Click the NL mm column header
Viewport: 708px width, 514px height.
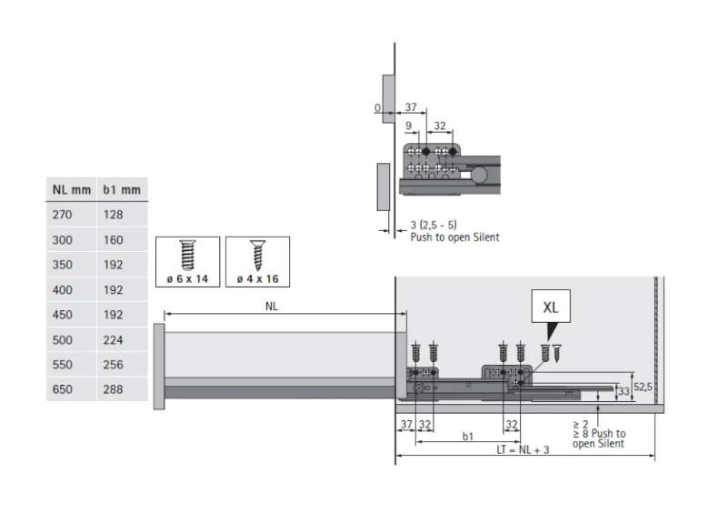pos(71,189)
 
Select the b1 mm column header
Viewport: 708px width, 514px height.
pos(122,189)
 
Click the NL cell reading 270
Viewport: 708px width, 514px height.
pos(63,215)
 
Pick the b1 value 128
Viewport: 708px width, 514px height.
pos(113,215)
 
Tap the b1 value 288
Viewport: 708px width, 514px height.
pos(113,389)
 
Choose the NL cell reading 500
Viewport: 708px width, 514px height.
pos(63,340)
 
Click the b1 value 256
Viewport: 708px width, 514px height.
pos(113,365)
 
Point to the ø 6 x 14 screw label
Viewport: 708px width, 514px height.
pos(187,279)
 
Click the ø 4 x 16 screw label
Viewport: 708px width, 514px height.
pos(258,279)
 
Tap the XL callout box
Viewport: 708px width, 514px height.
pos(551,307)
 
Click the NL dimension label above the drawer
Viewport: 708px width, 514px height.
pos(272,307)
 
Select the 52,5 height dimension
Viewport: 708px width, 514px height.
pos(643,387)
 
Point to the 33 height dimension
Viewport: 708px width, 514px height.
pos(623,391)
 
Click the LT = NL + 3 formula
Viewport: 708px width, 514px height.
pos(523,449)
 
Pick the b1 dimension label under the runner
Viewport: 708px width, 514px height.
pos(468,437)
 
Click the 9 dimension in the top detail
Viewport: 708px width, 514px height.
pos(409,126)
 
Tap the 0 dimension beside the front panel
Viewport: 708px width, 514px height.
pos(377,108)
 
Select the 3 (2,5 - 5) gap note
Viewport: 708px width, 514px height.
pos(434,225)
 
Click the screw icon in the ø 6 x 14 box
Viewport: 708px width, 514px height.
pos(187,255)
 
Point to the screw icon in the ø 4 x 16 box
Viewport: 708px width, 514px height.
pos(258,255)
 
